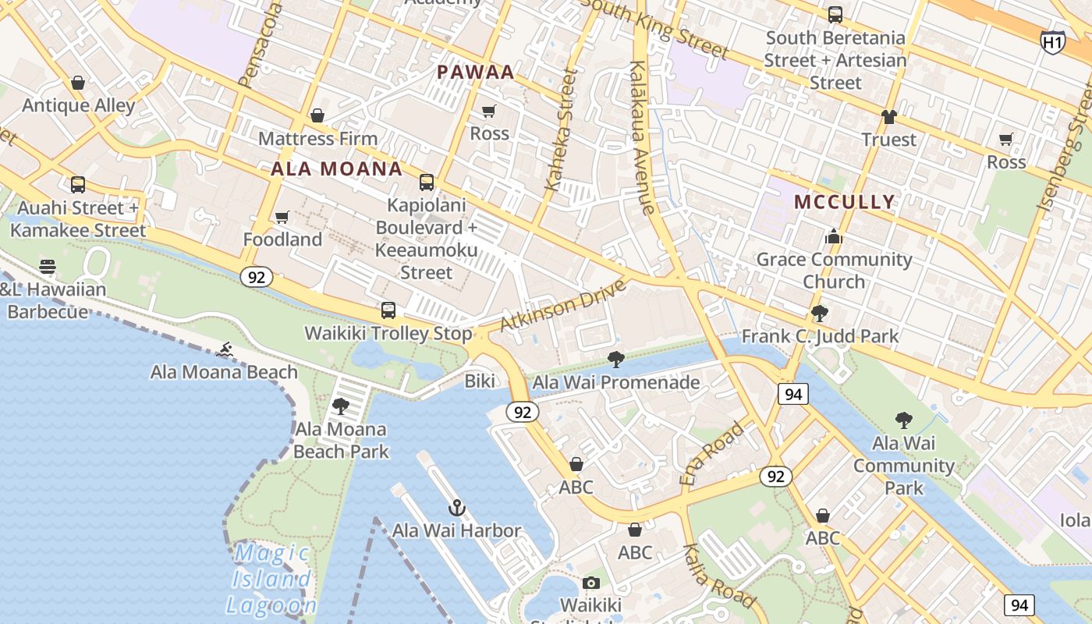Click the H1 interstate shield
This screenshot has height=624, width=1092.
(1052, 41)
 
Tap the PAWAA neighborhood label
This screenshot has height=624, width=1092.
(475, 73)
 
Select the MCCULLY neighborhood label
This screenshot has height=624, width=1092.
(844, 202)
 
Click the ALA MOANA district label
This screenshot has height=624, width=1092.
(337, 169)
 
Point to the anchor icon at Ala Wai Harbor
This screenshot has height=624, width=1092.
(457, 509)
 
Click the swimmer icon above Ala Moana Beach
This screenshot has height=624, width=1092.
(225, 350)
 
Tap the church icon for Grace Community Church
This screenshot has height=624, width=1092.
(834, 236)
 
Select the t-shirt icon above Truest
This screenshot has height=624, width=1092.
(888, 117)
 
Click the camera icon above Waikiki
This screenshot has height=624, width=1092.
(591, 583)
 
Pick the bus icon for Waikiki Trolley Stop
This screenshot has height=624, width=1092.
(388, 310)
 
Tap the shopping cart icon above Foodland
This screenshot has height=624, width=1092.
(282, 217)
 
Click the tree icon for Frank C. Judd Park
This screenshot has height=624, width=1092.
(819, 314)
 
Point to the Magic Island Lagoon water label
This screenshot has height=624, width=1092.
(271, 580)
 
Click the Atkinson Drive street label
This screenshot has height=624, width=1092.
(562, 305)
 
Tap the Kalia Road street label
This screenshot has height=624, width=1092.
(718, 576)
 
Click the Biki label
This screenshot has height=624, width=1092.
(480, 381)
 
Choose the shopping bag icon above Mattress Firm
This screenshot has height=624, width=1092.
(317, 116)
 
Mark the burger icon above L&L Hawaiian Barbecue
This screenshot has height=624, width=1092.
(48, 267)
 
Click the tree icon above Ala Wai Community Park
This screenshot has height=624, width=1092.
(903, 420)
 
